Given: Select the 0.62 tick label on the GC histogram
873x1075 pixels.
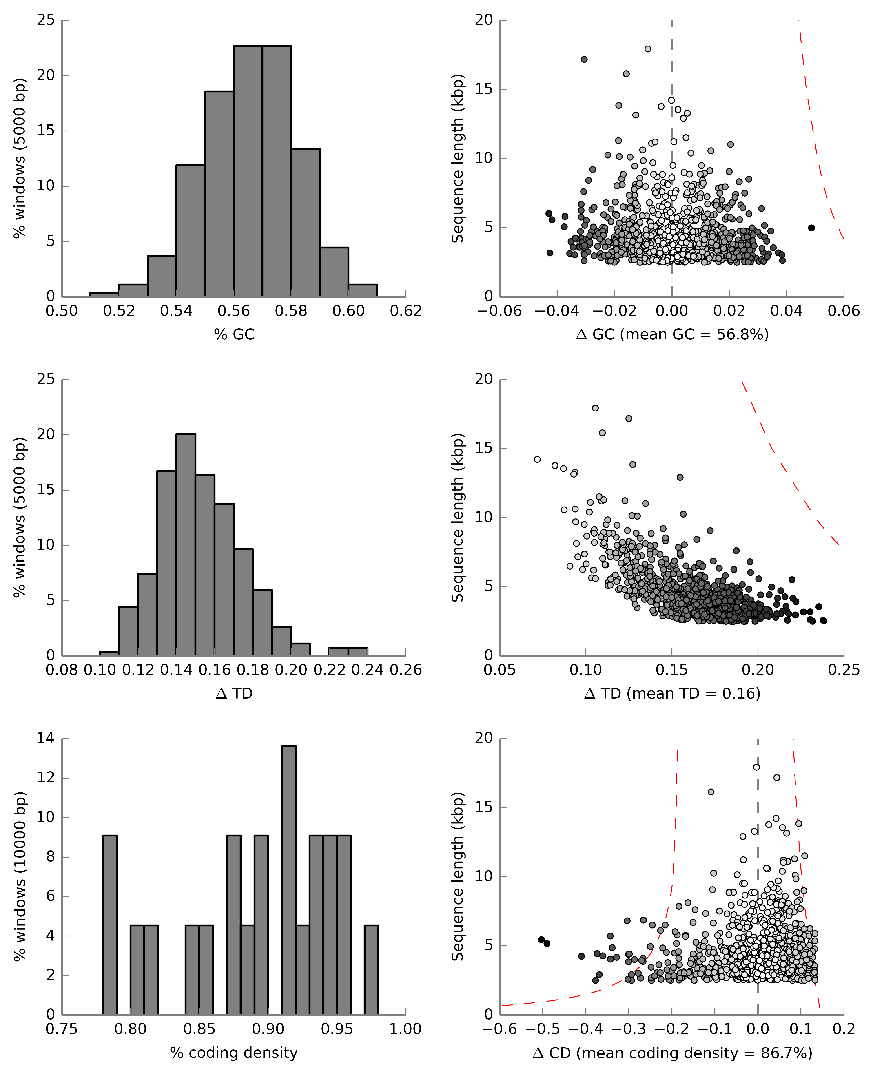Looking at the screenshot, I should tap(405, 311).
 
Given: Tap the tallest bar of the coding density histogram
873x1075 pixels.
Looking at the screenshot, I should tap(289, 880).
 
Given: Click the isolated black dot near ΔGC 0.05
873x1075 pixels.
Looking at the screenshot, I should tap(811, 228).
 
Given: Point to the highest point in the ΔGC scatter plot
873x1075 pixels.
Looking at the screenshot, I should tap(648, 49).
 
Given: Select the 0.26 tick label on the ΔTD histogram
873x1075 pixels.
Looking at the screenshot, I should tap(405, 670).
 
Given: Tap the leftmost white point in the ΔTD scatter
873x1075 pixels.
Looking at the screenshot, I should tap(537, 459).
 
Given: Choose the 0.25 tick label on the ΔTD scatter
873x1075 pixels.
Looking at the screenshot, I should tap(843, 670).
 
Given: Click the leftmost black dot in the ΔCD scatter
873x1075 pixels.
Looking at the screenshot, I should tap(541, 939).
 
